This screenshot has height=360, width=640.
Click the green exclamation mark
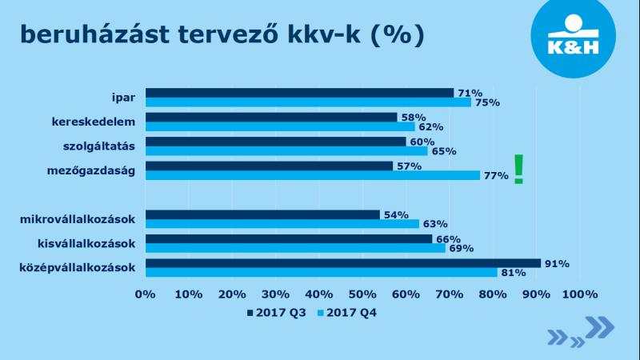pyautogui.click(x=519, y=169)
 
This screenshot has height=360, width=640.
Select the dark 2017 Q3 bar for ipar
pyautogui.click(x=299, y=93)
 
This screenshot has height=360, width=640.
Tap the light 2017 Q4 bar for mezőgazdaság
pyautogui.click(x=313, y=175)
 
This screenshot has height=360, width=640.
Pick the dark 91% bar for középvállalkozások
pyautogui.click(x=343, y=262)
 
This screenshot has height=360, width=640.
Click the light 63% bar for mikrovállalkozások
pyautogui.click(x=282, y=224)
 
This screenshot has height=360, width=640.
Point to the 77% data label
pyautogui.click(x=495, y=176)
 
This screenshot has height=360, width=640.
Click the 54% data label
pyautogui.click(x=395, y=215)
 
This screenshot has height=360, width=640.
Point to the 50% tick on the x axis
pyautogui.click(x=362, y=294)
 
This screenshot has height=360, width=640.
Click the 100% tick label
pyautogui.click(x=579, y=294)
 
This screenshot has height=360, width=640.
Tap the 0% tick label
pyautogui.click(x=145, y=294)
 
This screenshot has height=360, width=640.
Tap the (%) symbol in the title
pyautogui.click(x=398, y=34)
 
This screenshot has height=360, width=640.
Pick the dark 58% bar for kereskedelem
pyautogui.click(x=271, y=117)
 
